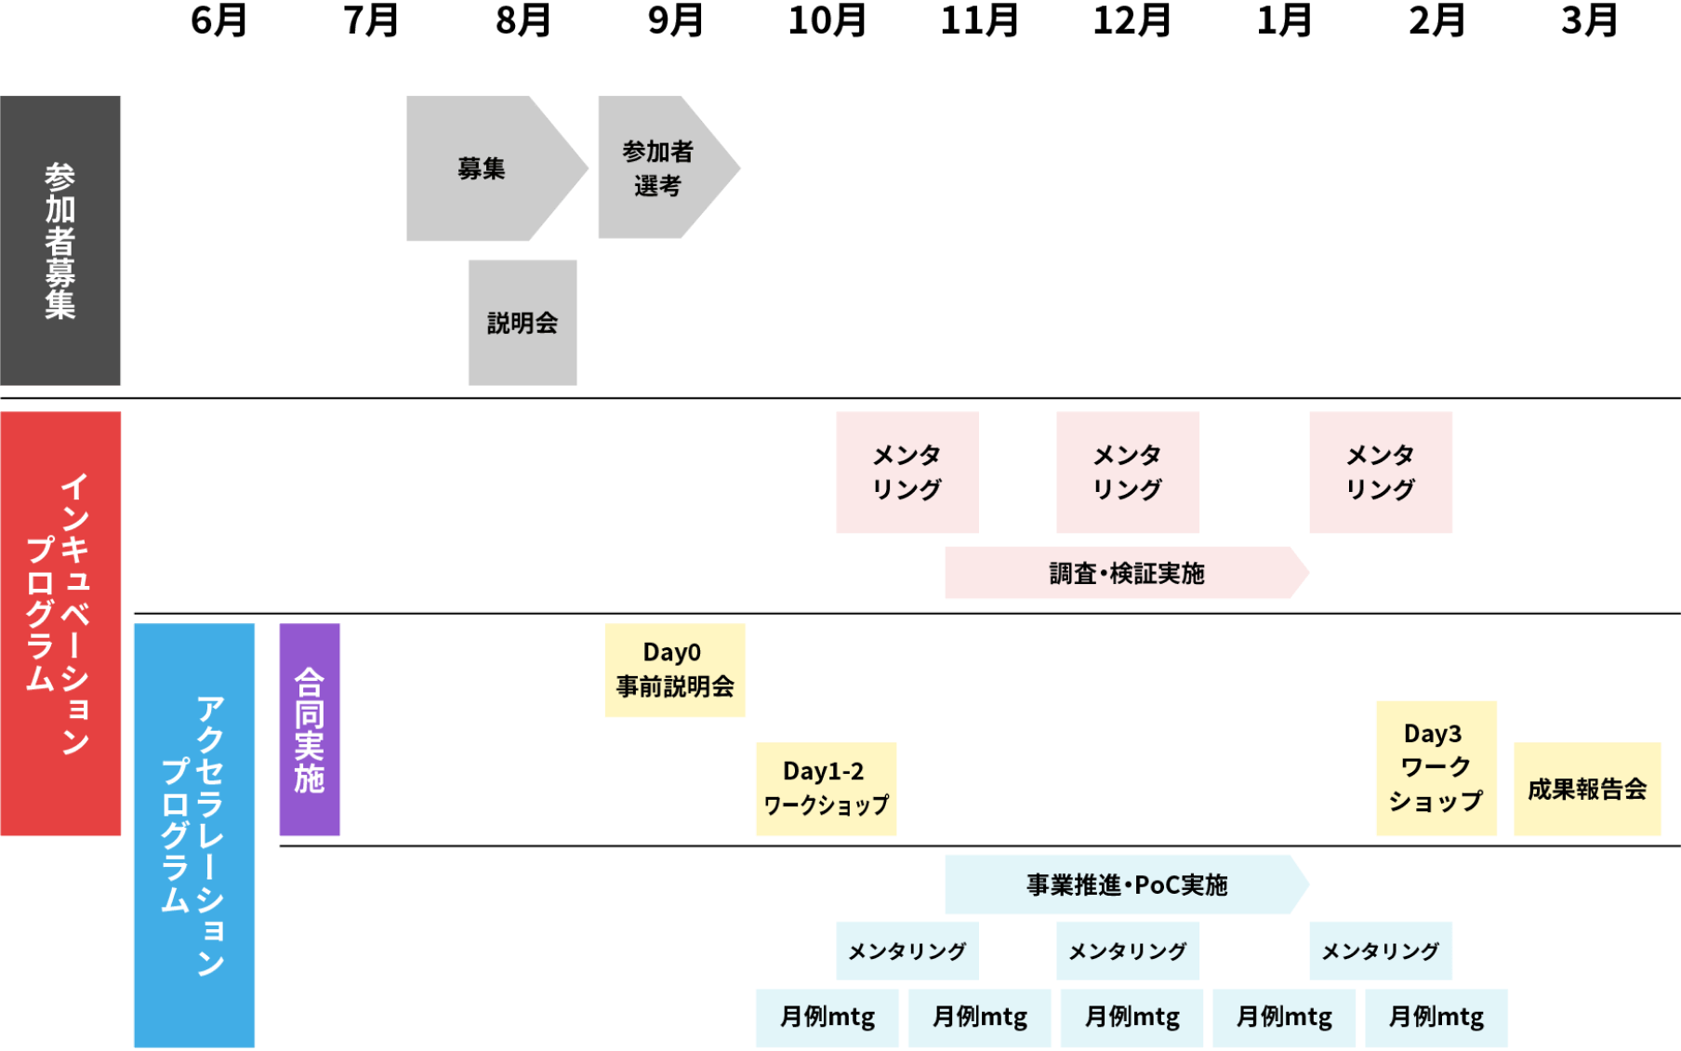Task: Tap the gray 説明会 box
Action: tap(522, 323)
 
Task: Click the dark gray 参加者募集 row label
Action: tap(60, 241)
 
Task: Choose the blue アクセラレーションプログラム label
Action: tap(193, 834)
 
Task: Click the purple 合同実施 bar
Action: tap(310, 730)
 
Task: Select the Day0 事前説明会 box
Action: tap(675, 670)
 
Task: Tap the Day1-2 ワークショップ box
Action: tap(826, 789)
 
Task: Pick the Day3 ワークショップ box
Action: tap(1436, 768)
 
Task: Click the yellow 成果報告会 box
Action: tap(1587, 789)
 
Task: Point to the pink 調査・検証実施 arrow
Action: tap(1125, 573)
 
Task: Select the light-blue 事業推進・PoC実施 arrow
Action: tap(1125, 885)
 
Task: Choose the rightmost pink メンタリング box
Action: tap(1381, 472)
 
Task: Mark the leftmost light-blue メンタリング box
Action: tap(907, 951)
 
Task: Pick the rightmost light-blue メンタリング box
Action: tap(1381, 951)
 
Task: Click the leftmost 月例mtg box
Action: tap(827, 1018)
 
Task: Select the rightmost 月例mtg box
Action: tap(1436, 1018)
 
